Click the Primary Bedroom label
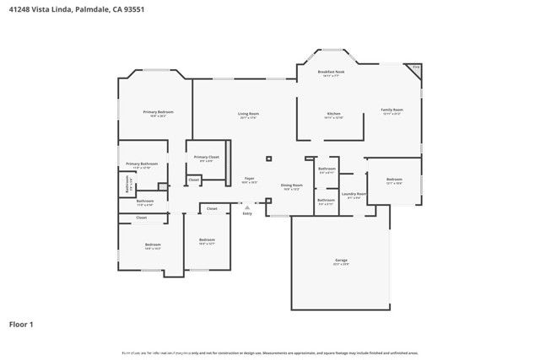[159, 112]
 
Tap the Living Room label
[248, 114]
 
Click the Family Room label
[392, 110]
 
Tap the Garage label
[341, 261]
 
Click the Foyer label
[249, 179]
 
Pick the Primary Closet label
[207, 158]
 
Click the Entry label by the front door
[247, 213]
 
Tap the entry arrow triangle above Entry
[247, 207]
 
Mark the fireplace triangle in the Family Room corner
[415, 67]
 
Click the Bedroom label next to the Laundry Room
[394, 180]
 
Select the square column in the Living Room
[268, 158]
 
